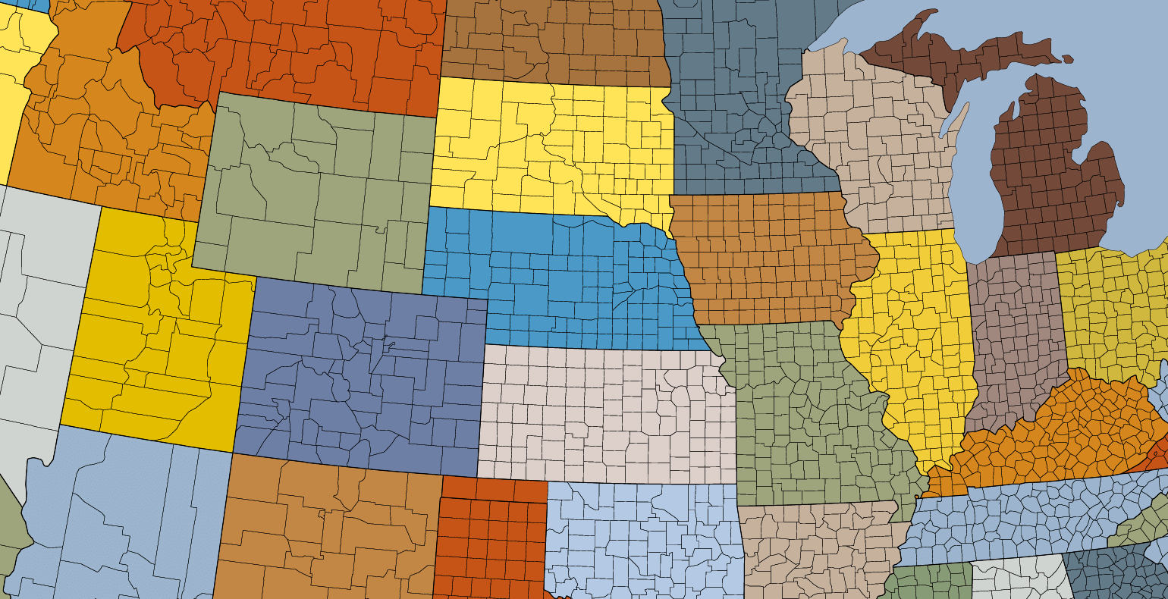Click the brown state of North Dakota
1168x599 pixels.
pyautogui.click(x=554, y=38)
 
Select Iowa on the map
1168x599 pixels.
pyautogui.click(x=766, y=258)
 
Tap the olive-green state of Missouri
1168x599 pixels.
pyautogui.click(x=804, y=409)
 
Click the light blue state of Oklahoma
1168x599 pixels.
pyautogui.click(x=645, y=531)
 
